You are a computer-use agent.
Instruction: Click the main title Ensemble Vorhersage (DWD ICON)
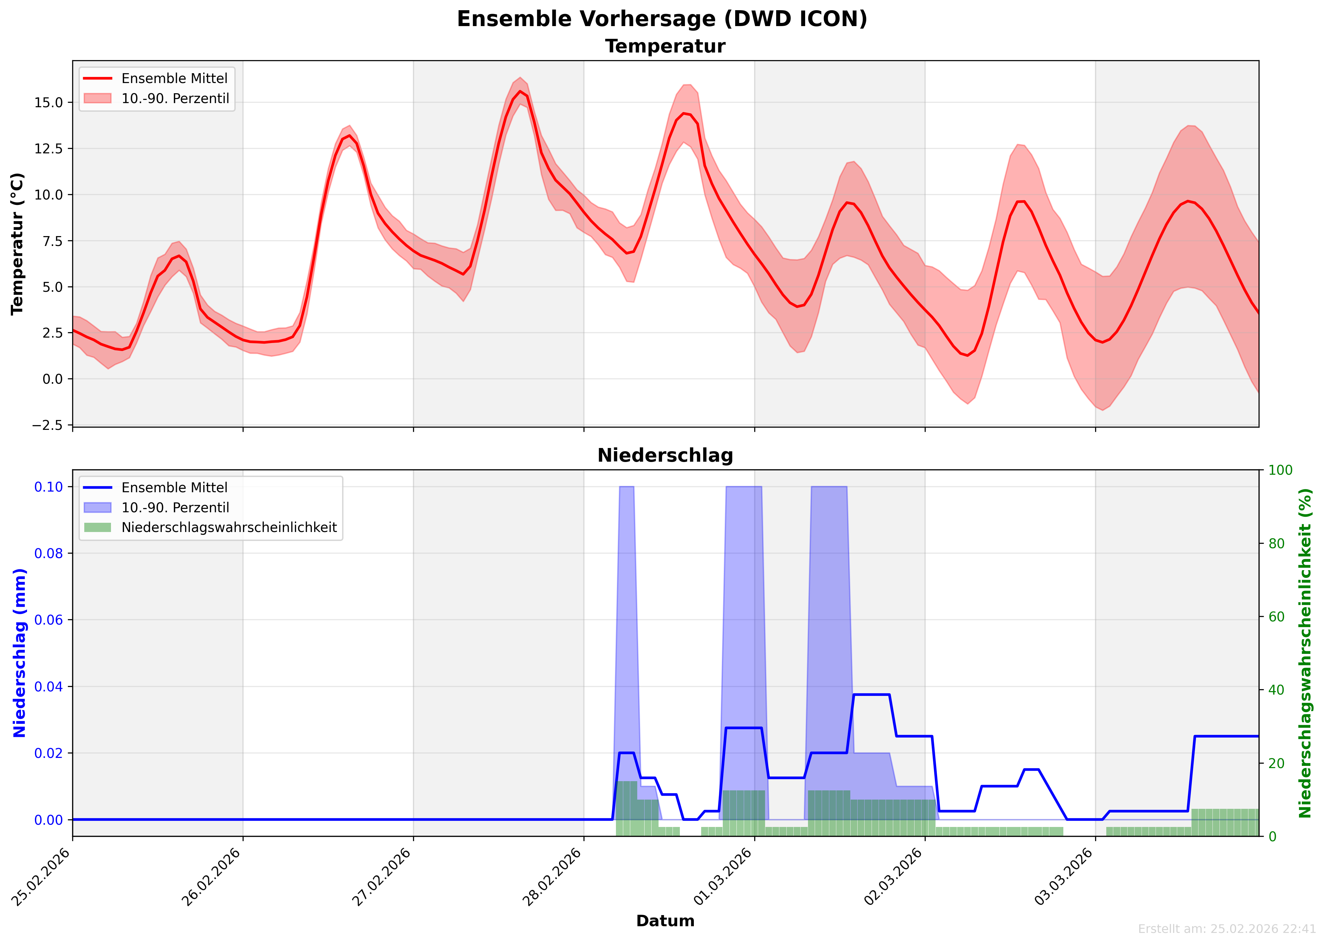pyautogui.click(x=662, y=19)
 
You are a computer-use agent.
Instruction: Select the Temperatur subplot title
pyautogui.click(x=665, y=46)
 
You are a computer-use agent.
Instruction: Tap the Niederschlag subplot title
pyautogui.click(x=665, y=456)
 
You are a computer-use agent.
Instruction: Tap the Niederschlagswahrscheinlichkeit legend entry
pyautogui.click(x=229, y=528)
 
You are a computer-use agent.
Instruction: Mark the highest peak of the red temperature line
pyautogui.click(x=521, y=91)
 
